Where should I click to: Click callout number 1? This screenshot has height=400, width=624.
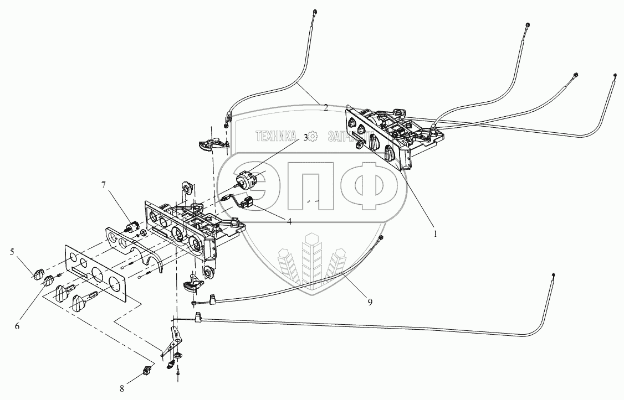tap(436, 233)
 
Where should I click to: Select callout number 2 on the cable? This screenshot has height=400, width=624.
tap(326, 107)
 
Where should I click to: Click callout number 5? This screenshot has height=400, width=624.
tap(12, 253)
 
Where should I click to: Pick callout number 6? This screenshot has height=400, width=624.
tap(17, 326)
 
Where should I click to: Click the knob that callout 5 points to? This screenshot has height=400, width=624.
tap(38, 273)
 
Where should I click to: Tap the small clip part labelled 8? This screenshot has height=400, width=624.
tap(147, 371)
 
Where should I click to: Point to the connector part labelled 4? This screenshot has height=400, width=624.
tap(248, 202)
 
